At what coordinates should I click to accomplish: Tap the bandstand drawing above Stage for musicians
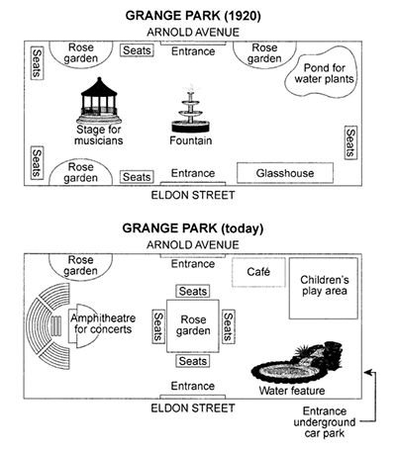tap(99, 101)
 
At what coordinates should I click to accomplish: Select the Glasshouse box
tap(285, 173)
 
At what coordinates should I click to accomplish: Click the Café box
tap(258, 272)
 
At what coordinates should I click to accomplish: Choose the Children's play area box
tap(324, 289)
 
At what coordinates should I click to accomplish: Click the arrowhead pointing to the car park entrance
tap(367, 373)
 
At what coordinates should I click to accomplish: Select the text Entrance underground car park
tap(325, 422)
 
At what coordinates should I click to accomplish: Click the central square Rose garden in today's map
tap(193, 325)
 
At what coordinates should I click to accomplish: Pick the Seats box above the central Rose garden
tap(193, 291)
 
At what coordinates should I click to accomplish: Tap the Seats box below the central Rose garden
tap(193, 361)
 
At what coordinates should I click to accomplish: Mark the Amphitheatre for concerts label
tap(103, 323)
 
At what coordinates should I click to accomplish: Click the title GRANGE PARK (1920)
tap(193, 16)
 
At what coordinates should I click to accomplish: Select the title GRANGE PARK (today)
tap(193, 228)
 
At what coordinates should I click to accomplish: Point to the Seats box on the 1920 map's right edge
tap(350, 142)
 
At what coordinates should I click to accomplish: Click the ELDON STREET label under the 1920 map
tap(193, 195)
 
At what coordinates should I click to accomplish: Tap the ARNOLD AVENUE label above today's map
tap(193, 245)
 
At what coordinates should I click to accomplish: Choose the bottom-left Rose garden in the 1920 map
tap(81, 172)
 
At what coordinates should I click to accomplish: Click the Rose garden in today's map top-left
tap(81, 266)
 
